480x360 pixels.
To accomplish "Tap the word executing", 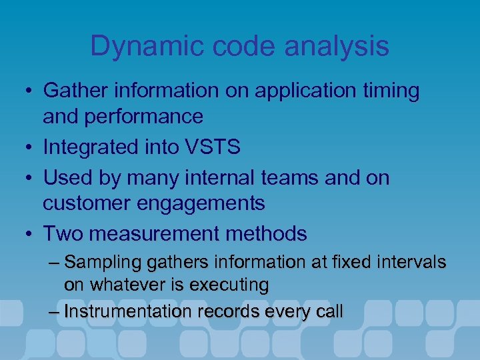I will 229,285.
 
